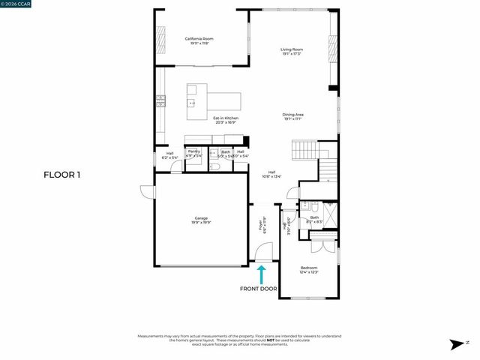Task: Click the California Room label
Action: (x=200, y=41)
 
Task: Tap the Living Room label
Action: (x=292, y=52)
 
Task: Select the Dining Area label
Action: (x=292, y=116)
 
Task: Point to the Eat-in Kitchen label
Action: (x=226, y=120)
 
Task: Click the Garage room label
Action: (x=201, y=220)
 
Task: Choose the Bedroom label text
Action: (x=309, y=270)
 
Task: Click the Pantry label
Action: (x=194, y=153)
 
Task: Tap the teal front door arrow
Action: (x=262, y=274)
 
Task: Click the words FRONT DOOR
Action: (x=258, y=289)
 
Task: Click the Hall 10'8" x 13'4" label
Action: (x=271, y=175)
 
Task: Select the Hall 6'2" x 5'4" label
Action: (x=169, y=156)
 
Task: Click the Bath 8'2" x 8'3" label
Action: (x=314, y=220)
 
